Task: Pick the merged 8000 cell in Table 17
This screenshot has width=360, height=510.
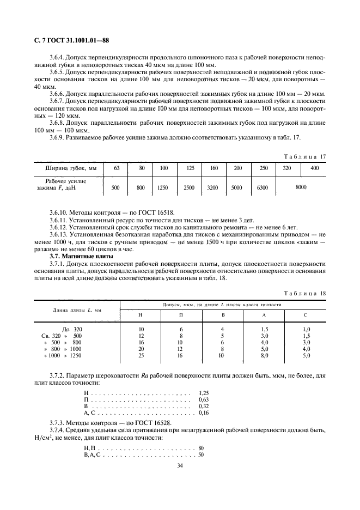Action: tap(301, 187)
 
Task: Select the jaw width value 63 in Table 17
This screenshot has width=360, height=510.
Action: tap(116, 168)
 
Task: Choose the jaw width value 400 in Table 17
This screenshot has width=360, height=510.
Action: tap(314, 168)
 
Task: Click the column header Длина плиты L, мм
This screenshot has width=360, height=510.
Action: tap(69, 310)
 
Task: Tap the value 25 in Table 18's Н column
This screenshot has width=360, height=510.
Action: tap(141, 355)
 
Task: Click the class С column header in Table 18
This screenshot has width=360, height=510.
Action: tap(306, 315)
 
